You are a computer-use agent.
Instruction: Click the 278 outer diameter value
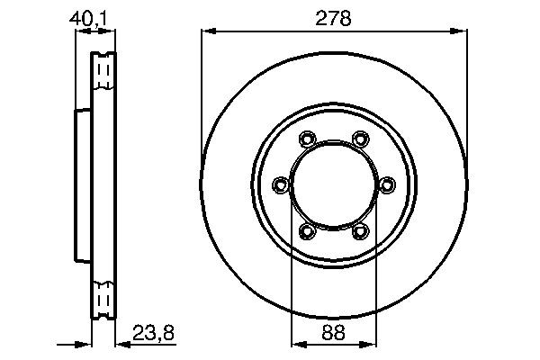[x=334, y=16]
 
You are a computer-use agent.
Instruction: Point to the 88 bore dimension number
[x=334, y=330]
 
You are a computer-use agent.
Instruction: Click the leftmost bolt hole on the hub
[x=281, y=185]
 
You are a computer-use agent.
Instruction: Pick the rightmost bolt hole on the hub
[x=387, y=185]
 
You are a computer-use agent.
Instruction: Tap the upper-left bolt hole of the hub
[x=307, y=139]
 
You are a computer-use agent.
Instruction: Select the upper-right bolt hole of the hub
[x=361, y=139]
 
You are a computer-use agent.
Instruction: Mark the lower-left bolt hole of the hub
[x=307, y=232]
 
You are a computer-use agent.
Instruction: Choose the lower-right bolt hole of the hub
[x=361, y=232]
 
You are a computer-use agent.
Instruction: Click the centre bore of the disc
[x=334, y=185]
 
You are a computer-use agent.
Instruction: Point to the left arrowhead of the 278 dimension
[x=206, y=31]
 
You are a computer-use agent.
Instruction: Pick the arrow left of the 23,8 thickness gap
[x=86, y=343]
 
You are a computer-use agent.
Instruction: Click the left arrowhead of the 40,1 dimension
[x=80, y=31]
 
